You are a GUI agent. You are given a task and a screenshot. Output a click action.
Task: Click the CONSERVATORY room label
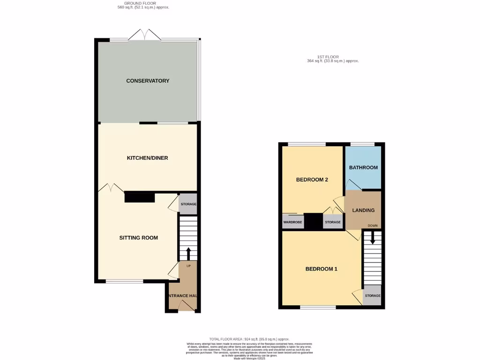pyautogui.click(x=148, y=81)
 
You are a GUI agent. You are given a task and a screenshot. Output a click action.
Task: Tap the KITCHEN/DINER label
pyautogui.click(x=147, y=158)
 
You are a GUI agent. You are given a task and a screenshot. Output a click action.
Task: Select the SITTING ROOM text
pyautogui.click(x=138, y=238)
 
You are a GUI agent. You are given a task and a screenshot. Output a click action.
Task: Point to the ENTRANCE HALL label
pyautogui.click(x=182, y=296)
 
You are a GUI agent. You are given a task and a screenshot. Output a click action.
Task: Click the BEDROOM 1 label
pyautogui.click(x=321, y=269)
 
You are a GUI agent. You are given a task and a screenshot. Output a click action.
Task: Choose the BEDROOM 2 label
pyautogui.click(x=312, y=180)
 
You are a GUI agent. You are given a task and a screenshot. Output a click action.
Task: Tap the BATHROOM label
pyautogui.click(x=363, y=167)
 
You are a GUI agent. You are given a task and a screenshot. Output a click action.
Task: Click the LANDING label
pyautogui.click(x=363, y=210)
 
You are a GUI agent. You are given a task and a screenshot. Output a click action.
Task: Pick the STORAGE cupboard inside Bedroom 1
pyautogui.click(x=373, y=296)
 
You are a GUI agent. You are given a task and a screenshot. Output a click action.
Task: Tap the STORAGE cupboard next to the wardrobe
pyautogui.click(x=333, y=222)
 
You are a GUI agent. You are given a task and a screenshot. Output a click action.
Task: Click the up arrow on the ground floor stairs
pyautogui.click(x=188, y=253)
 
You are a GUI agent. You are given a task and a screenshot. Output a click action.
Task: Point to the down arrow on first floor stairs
pyautogui.click(x=373, y=238)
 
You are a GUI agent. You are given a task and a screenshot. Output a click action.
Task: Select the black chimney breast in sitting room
pyautogui.click(x=140, y=197)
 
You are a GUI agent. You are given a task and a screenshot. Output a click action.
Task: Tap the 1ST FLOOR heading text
pyautogui.click(x=333, y=57)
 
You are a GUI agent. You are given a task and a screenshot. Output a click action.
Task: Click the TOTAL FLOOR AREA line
pyautogui.click(x=249, y=339)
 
